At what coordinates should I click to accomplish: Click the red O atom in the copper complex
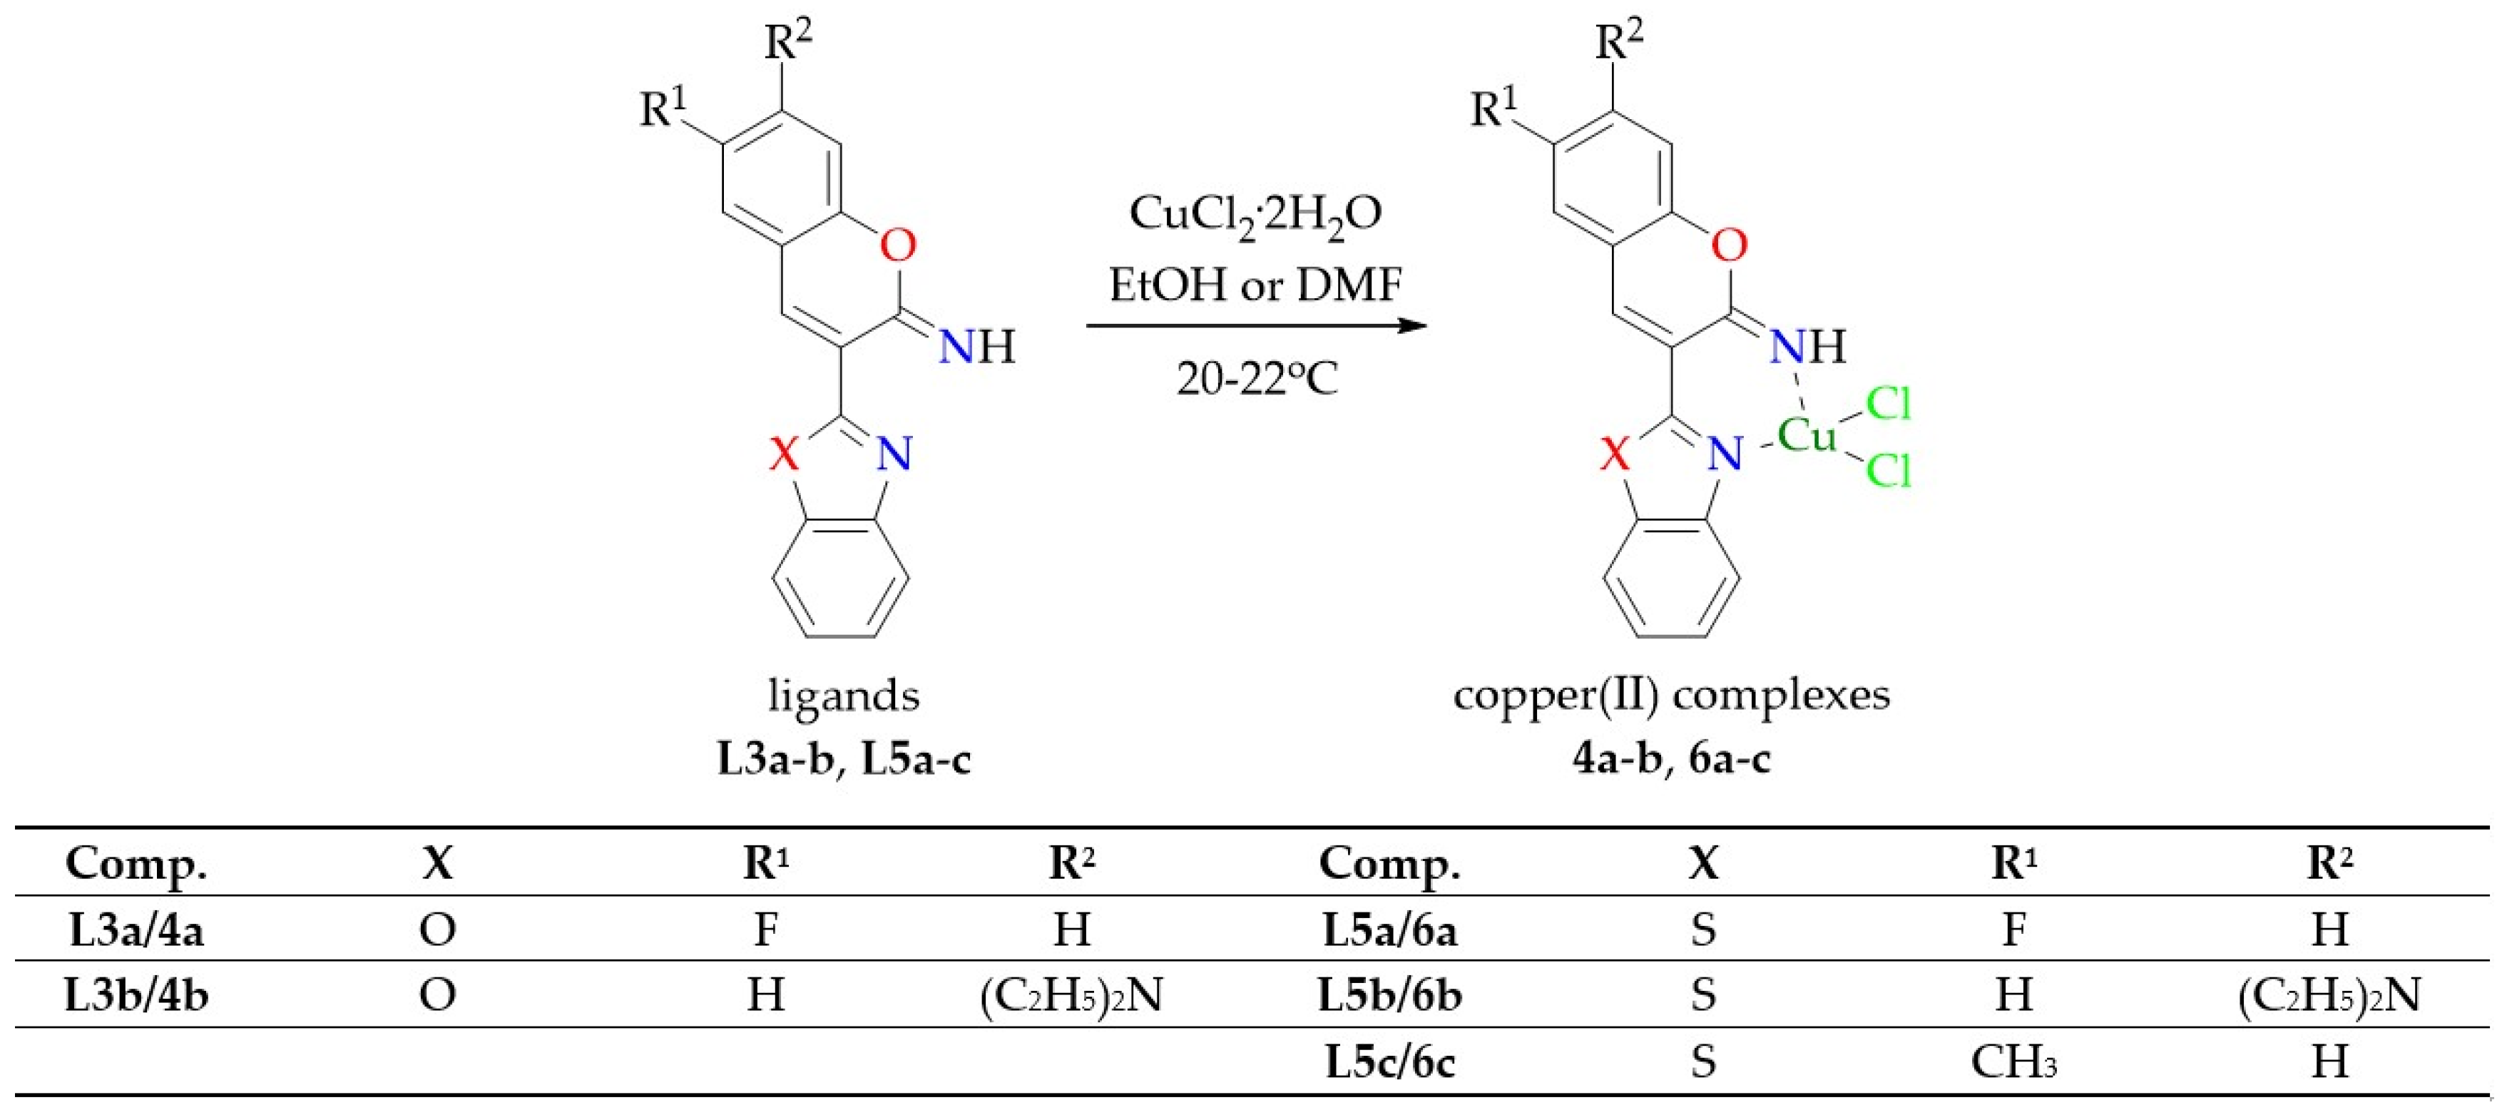(x=1729, y=245)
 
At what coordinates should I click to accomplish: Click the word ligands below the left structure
(x=843, y=696)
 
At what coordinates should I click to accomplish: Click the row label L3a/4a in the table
(x=136, y=930)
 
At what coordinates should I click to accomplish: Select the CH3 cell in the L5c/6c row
(x=2013, y=1062)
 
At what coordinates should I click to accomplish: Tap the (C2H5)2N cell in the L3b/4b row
(x=1071, y=996)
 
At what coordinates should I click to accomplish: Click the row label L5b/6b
(x=1389, y=996)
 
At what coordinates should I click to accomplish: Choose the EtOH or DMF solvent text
(x=1255, y=285)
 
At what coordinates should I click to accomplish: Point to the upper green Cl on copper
(x=1888, y=403)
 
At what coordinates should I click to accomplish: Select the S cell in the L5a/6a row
(x=1702, y=930)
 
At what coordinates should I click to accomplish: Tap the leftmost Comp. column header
(x=136, y=862)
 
